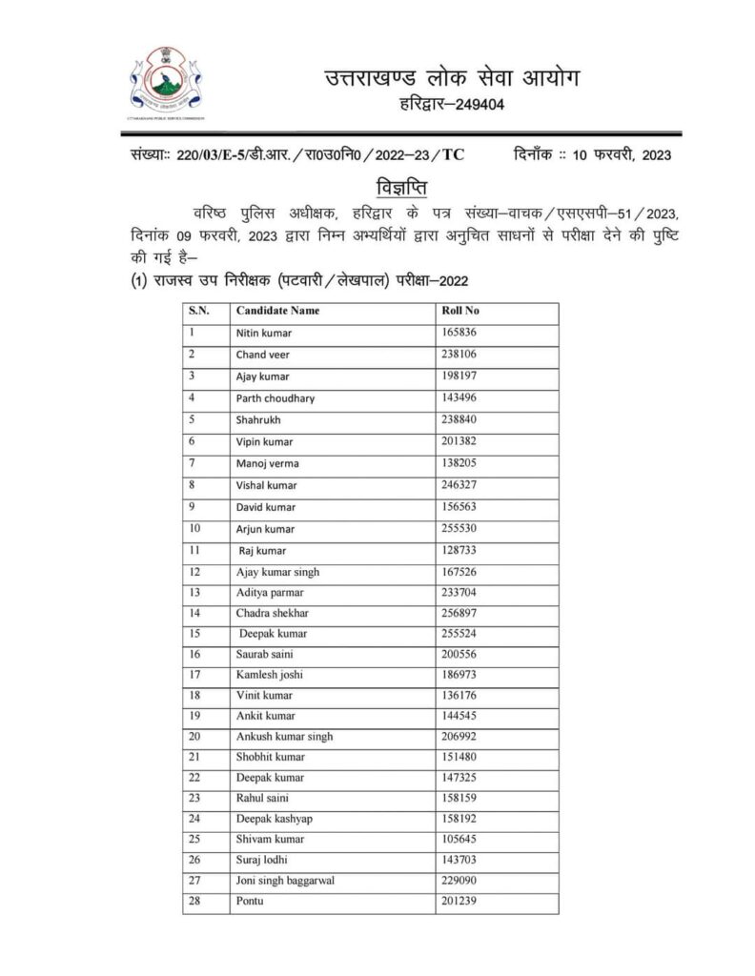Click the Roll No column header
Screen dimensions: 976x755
(x=459, y=311)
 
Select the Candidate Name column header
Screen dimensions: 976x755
(x=277, y=311)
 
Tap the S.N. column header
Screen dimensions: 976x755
(x=197, y=311)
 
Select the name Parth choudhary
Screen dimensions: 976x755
(x=275, y=397)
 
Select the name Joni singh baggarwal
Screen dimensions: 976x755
(x=285, y=878)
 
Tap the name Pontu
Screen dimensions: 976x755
(x=251, y=900)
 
